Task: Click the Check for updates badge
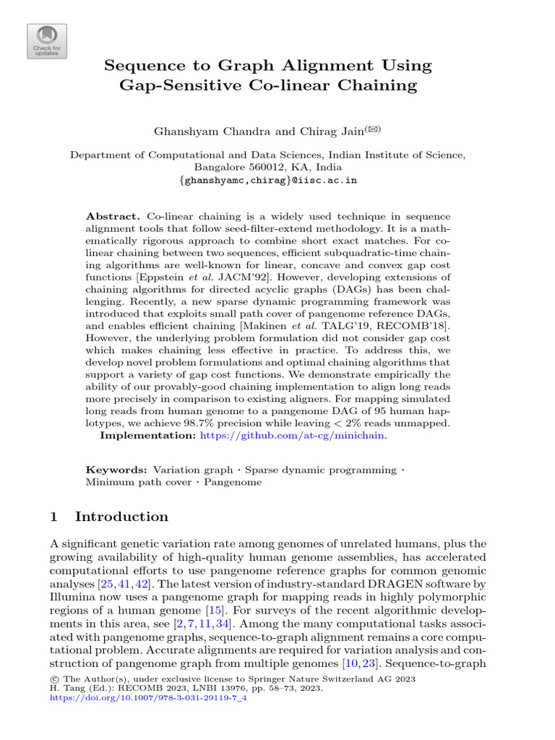point(47,41)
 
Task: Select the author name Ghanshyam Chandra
point(201,131)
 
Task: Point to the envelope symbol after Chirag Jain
point(373,129)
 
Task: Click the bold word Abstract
point(113,217)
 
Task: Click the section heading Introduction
point(121,517)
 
